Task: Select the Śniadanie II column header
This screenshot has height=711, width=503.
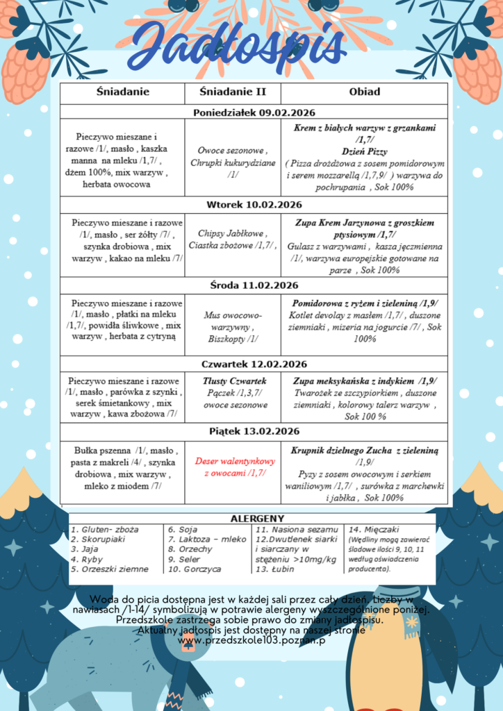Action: (232, 92)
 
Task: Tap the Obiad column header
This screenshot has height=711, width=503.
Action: (364, 92)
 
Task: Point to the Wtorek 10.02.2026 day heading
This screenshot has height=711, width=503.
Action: (253, 205)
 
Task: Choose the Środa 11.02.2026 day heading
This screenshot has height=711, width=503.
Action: (253, 285)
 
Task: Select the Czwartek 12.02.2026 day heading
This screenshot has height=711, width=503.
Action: (253, 365)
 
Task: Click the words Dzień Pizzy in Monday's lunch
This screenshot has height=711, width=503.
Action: (364, 151)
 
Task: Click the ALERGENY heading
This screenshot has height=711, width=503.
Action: (257, 519)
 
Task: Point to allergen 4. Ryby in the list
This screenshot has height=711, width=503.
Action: (87, 559)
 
